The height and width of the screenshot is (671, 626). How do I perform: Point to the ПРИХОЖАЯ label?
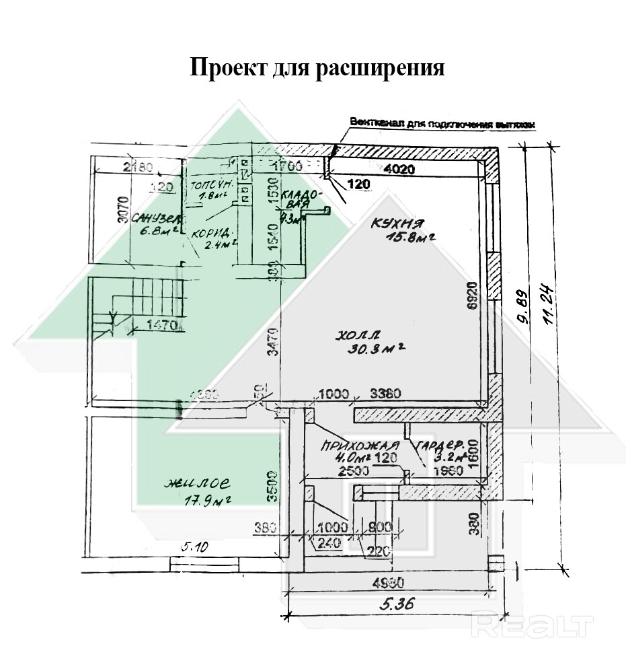click(351, 446)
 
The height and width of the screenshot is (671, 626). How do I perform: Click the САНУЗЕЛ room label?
click(159, 219)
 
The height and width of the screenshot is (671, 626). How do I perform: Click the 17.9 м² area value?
click(208, 500)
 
